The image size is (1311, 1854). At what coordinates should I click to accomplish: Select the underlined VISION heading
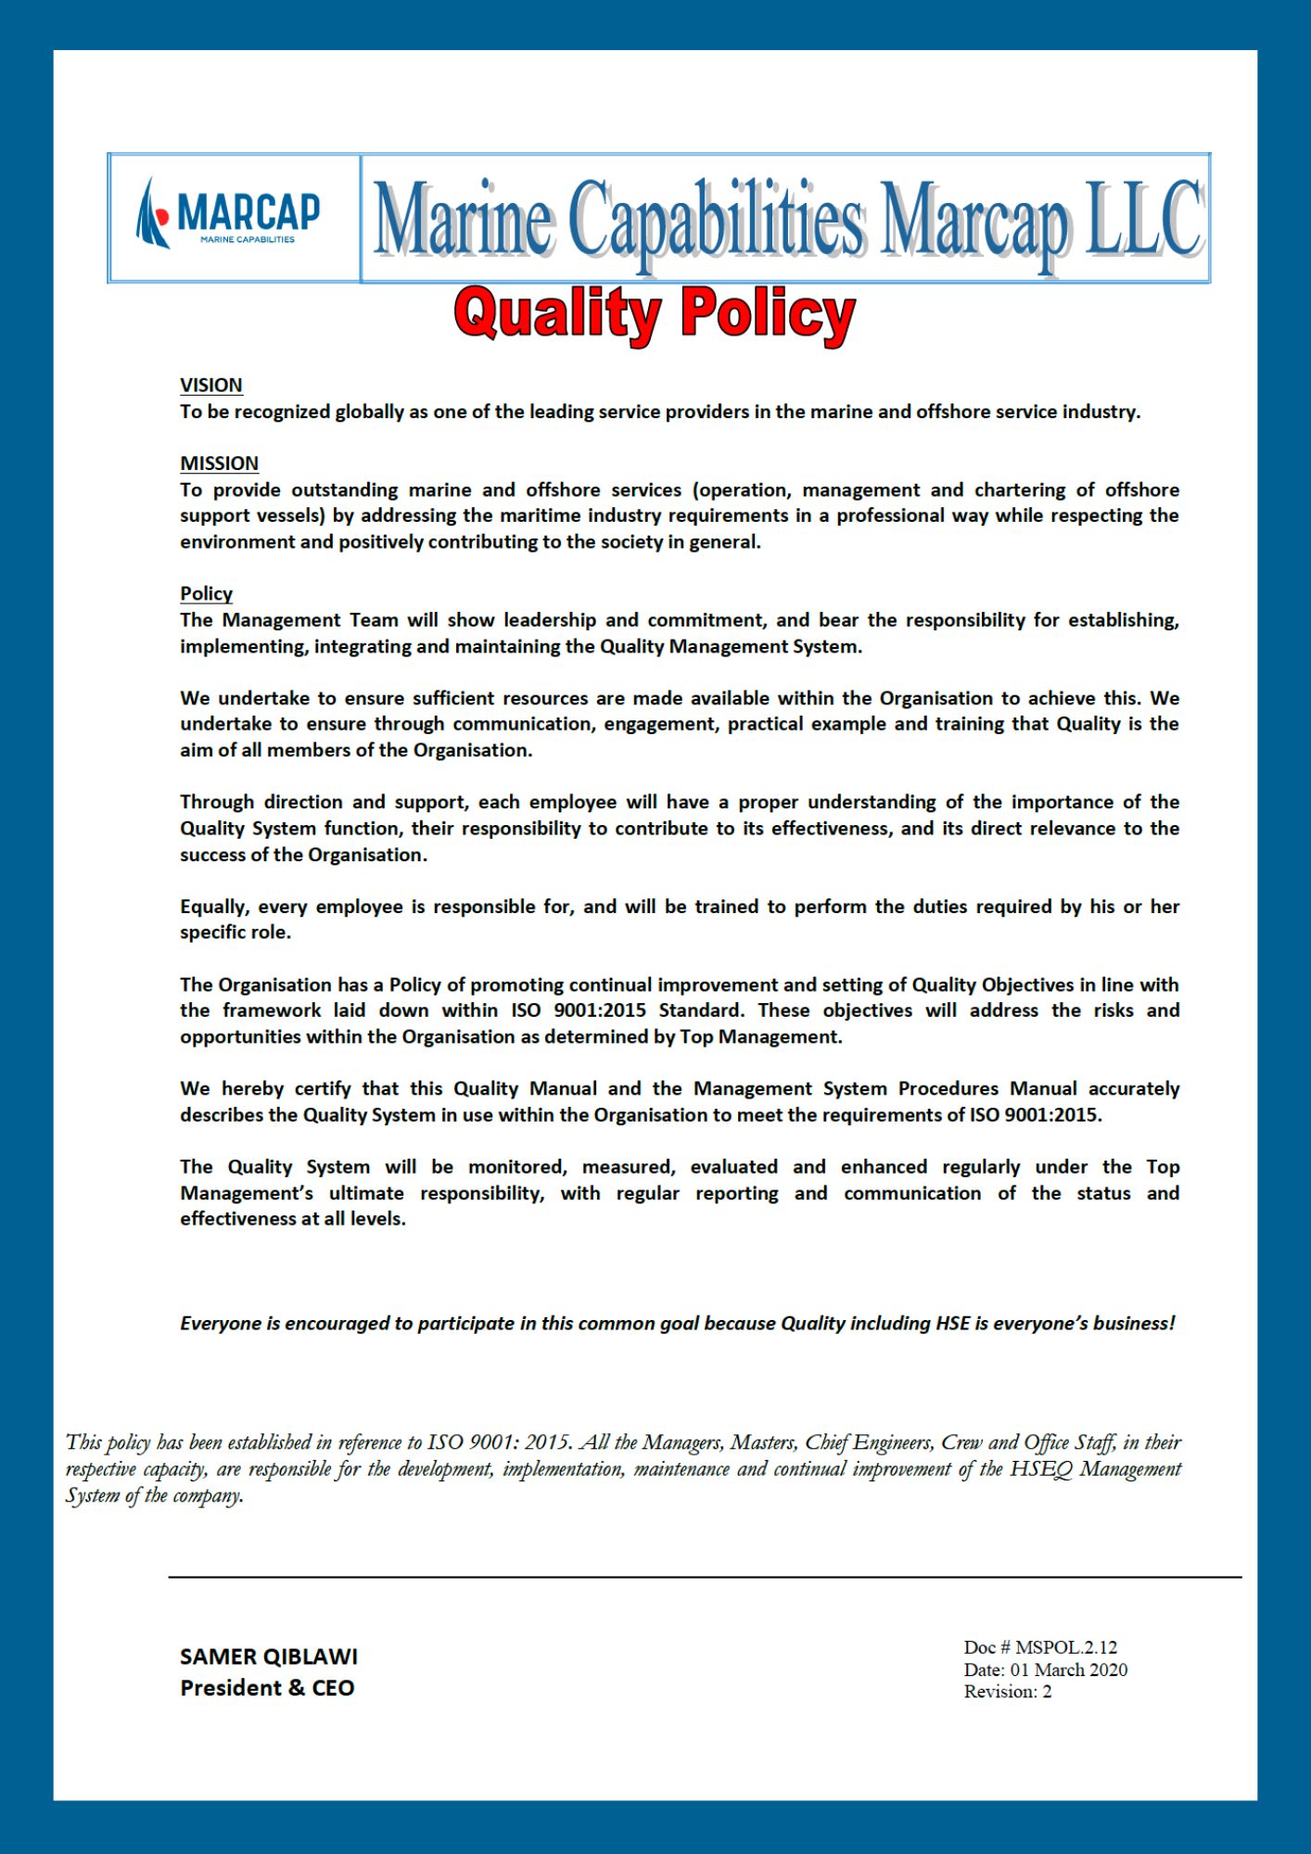point(211,385)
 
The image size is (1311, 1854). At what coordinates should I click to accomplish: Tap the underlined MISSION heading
point(219,463)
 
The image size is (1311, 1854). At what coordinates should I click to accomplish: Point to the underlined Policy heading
point(206,593)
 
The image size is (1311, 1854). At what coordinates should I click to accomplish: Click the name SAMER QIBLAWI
point(268,1657)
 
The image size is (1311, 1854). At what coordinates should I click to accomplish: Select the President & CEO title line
point(267,1688)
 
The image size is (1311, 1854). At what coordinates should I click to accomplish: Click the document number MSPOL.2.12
point(1066,1647)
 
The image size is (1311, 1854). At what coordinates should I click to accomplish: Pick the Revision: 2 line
point(1008,1692)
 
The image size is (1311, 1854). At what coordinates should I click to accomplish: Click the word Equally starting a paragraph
point(215,907)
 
